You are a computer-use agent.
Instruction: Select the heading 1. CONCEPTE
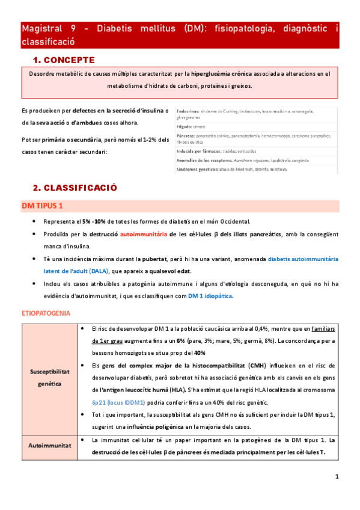coord(63,60)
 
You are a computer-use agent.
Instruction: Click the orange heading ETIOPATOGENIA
coord(46,313)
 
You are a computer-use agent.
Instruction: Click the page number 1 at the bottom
coord(337,477)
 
